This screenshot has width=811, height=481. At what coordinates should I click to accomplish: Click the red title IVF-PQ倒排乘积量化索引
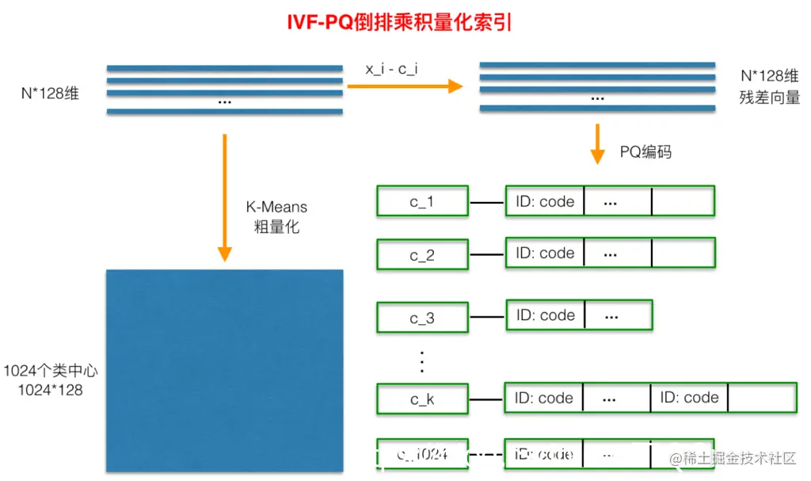point(399,22)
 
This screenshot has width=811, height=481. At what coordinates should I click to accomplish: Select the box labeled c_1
point(422,202)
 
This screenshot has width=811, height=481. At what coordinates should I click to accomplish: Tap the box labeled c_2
point(422,255)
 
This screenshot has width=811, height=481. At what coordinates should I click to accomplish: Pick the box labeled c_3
point(422,318)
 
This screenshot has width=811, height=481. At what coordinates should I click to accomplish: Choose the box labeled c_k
point(422,399)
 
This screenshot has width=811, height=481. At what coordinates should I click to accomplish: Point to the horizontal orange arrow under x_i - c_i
point(404,86)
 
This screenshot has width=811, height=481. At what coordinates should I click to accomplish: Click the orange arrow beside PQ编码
point(598,143)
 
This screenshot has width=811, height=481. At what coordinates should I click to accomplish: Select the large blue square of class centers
point(225,371)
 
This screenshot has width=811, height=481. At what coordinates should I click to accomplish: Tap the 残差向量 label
point(770,98)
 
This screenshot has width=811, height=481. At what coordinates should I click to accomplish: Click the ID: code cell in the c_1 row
point(545,201)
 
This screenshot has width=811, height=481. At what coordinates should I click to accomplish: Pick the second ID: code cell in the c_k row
point(689,398)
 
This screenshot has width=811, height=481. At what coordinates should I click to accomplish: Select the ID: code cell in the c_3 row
point(546,315)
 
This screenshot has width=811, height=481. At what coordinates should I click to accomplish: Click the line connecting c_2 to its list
point(487,255)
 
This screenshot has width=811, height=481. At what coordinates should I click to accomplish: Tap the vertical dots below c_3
point(422,361)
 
